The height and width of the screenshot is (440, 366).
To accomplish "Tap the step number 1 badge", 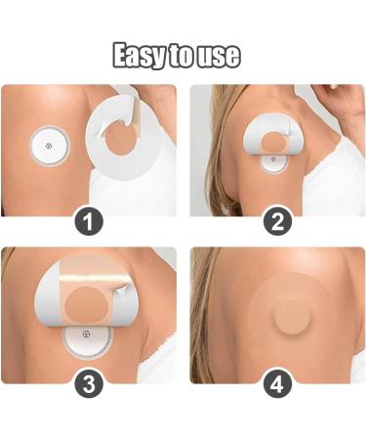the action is (x=89, y=223).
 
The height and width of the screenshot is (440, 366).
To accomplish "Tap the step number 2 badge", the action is (x=277, y=222).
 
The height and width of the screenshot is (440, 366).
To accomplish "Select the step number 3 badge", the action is (x=89, y=384).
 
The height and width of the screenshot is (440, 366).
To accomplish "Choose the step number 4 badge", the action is (x=277, y=384).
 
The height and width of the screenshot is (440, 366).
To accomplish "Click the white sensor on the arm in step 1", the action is (x=50, y=147).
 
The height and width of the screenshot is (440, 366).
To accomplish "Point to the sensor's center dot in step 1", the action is (x=49, y=146).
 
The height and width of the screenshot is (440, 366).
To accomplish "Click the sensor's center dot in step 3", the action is (x=86, y=333).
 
